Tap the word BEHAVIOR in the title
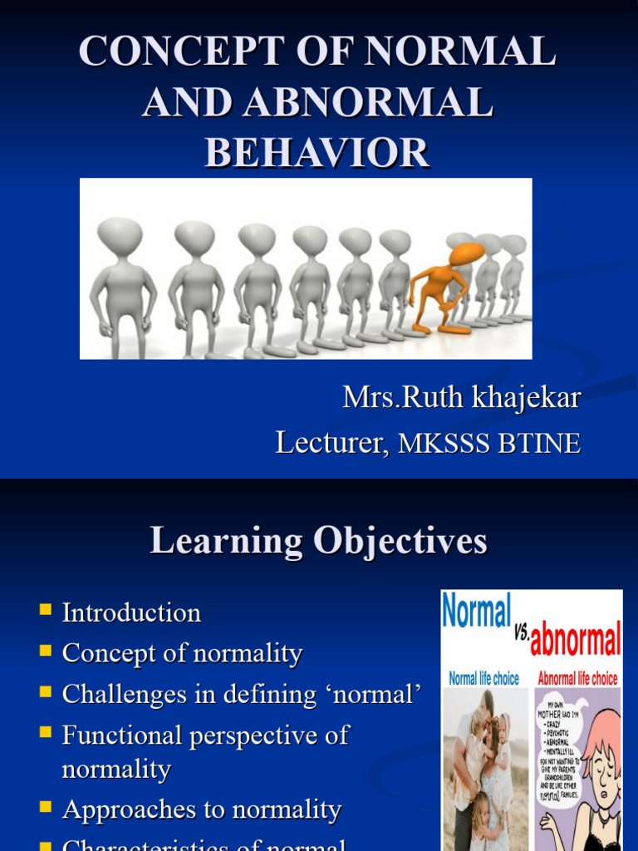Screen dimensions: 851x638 tap(317, 153)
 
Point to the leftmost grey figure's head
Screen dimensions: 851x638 tap(120, 235)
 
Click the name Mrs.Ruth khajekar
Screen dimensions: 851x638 tap(461, 397)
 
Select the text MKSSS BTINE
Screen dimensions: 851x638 tap(489, 444)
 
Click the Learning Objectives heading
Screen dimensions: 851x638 tap(318, 541)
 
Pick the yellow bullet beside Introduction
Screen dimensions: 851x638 tap(45, 612)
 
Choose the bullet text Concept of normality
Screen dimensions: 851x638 tap(182, 653)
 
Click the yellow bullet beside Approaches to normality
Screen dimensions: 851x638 tap(45, 808)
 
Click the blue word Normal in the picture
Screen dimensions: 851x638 tap(476, 614)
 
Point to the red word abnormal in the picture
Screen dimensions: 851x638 tap(575, 640)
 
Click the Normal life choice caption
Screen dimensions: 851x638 tap(483, 678)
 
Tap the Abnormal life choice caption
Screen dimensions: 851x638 tap(577, 678)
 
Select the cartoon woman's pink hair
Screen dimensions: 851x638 tap(605, 731)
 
